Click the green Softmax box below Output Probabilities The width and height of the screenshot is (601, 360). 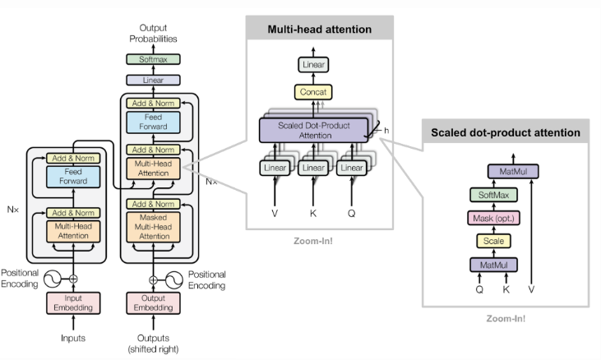click(153, 59)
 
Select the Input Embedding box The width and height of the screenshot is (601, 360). click(73, 303)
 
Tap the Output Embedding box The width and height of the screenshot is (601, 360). click(153, 303)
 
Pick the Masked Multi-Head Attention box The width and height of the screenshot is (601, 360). click(153, 227)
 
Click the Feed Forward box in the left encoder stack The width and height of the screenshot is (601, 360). click(73, 177)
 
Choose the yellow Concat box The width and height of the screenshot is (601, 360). click(313, 92)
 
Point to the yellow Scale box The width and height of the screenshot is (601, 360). click(493, 241)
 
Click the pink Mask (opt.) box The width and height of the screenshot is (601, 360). click(493, 219)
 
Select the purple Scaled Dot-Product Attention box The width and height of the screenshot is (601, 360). click(313, 130)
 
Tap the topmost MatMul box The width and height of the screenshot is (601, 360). click(513, 171)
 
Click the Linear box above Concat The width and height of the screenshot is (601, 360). click(313, 64)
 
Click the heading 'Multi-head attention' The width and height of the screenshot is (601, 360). click(320, 30)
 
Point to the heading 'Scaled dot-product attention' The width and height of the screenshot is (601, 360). click(506, 132)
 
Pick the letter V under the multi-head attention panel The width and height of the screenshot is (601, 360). click(275, 214)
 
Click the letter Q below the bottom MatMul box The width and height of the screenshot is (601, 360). click(479, 289)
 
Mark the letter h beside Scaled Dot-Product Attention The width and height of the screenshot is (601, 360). click(386, 131)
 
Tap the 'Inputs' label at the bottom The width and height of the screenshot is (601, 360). click(73, 338)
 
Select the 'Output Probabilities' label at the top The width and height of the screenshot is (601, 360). click(153, 34)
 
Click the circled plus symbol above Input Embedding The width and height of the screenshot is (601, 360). click(73, 279)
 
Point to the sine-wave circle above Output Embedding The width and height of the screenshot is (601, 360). click(174, 280)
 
